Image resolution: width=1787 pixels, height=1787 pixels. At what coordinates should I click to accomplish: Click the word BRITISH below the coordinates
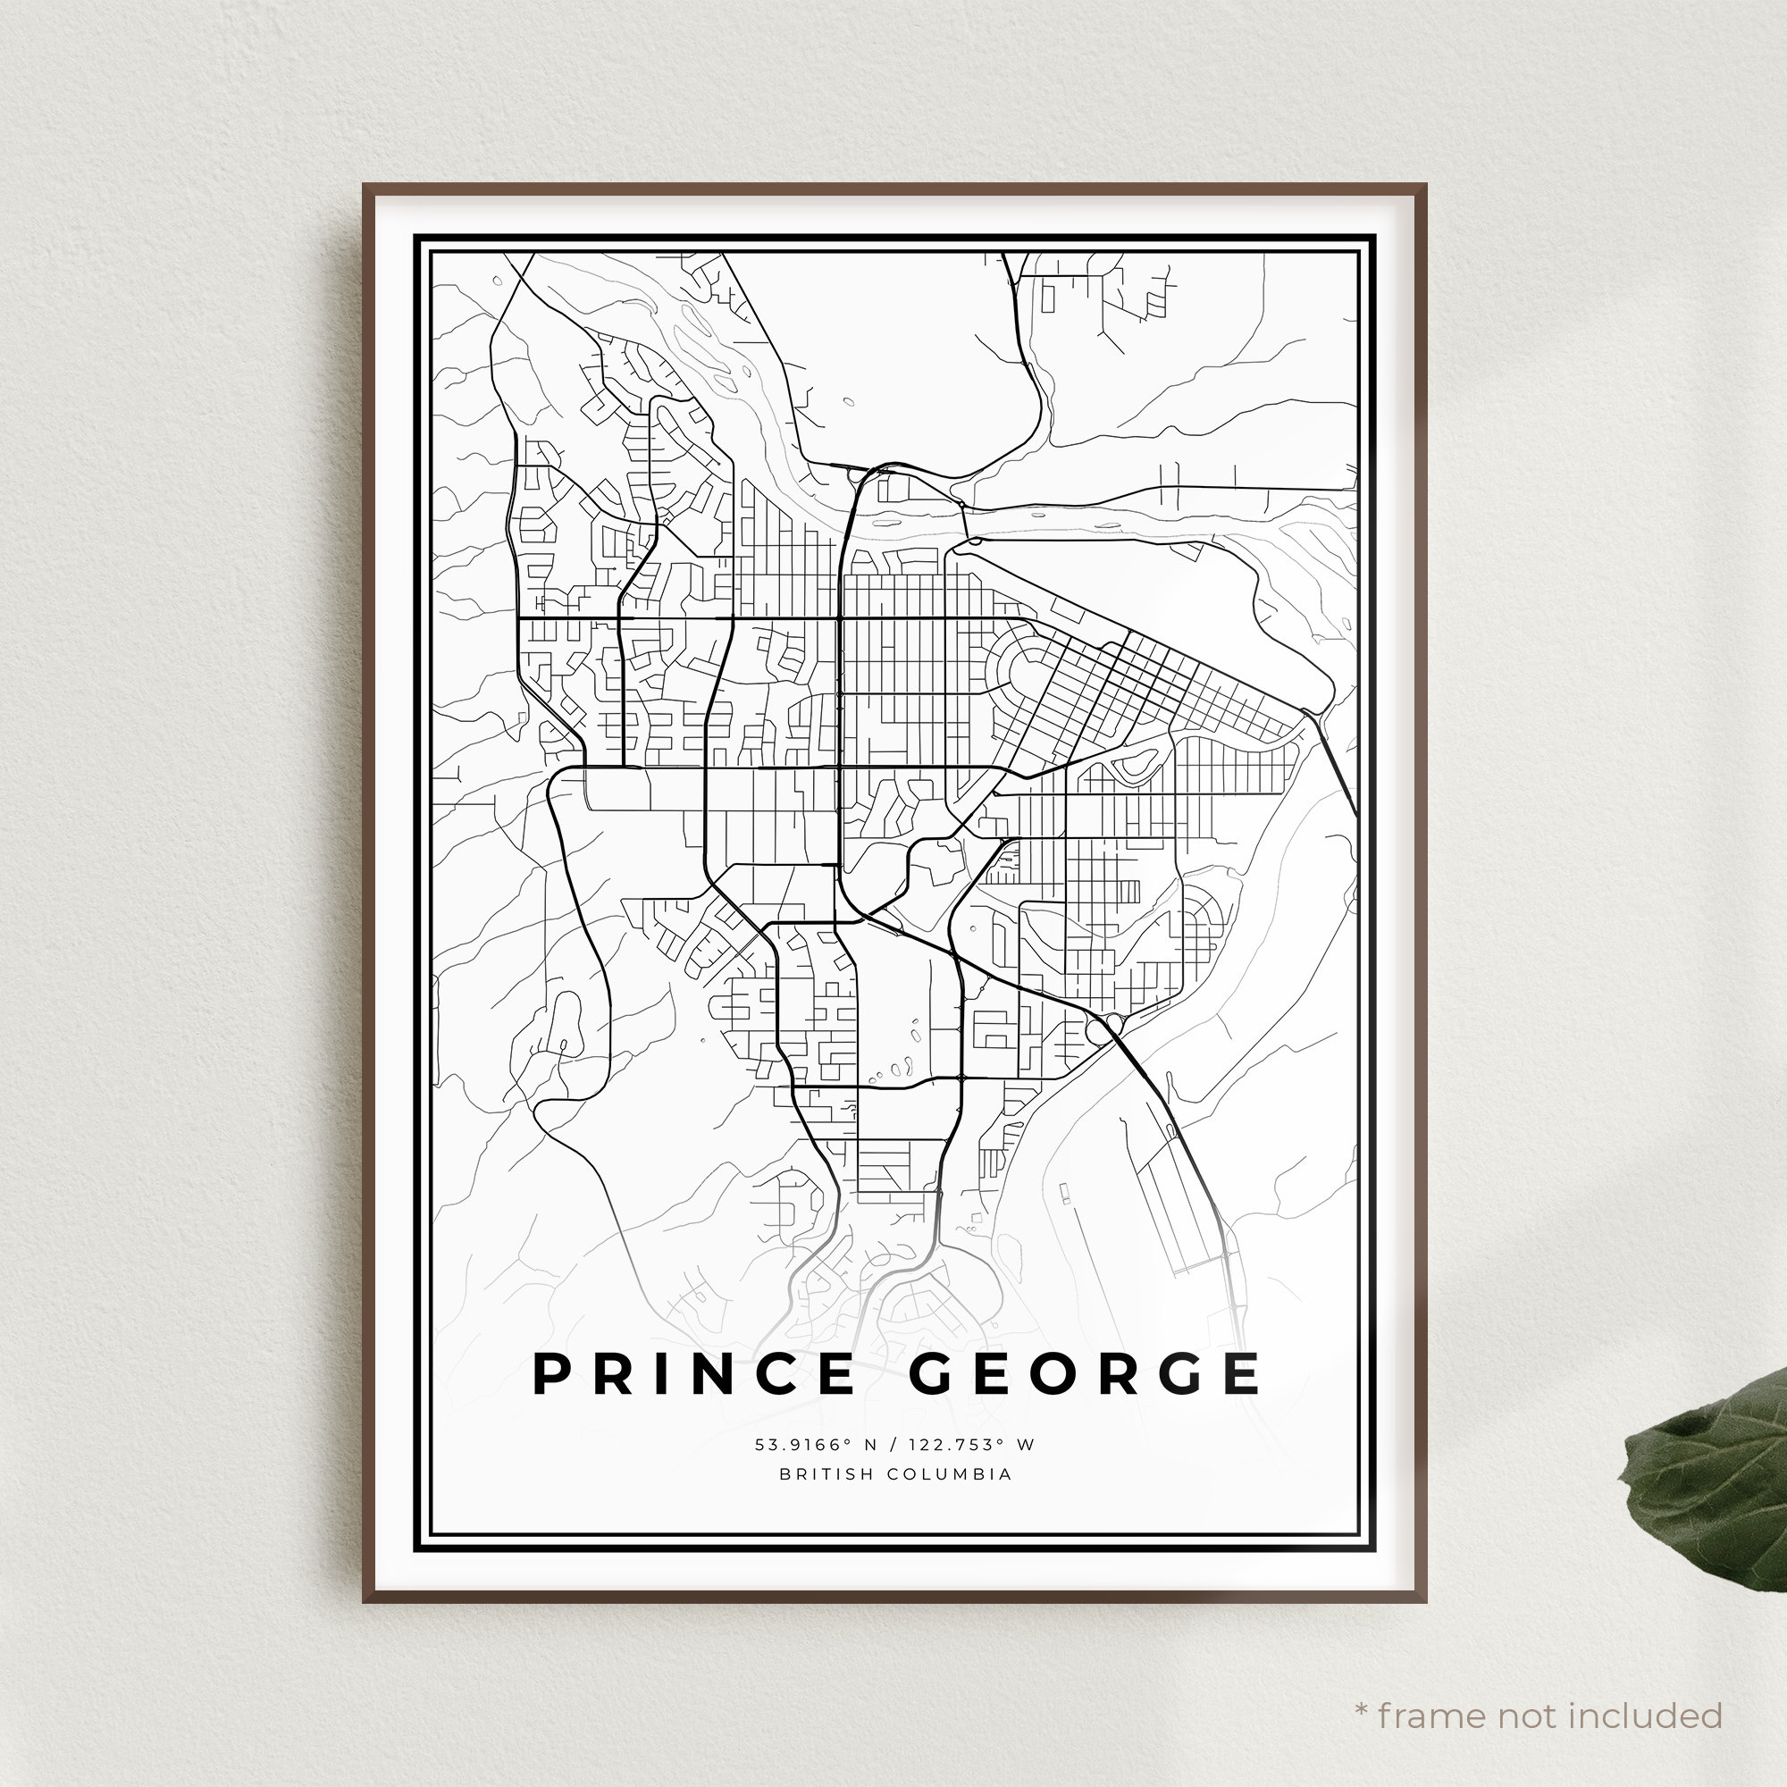click(826, 1474)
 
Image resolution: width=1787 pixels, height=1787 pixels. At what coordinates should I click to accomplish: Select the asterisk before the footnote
click(1361, 1685)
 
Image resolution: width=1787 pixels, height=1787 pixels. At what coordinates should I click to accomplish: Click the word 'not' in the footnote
click(1526, 1690)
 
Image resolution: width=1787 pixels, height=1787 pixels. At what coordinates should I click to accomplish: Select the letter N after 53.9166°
click(860, 1445)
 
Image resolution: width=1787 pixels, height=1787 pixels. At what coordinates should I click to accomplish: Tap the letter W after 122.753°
click(1027, 1445)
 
